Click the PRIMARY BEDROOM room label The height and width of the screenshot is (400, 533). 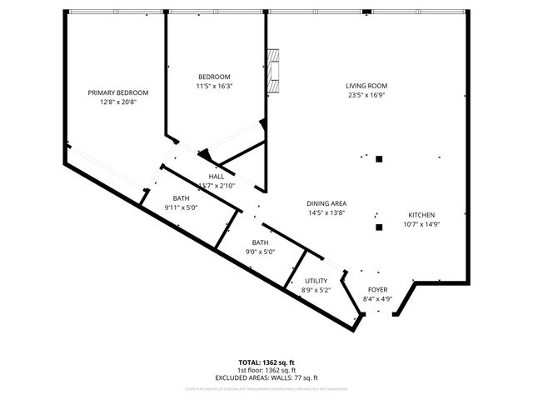click(x=118, y=92)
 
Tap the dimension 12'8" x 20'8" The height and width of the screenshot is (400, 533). click(x=118, y=102)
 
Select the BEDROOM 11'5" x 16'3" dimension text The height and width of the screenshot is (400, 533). click(x=214, y=86)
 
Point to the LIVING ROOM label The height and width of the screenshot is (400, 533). click(x=366, y=86)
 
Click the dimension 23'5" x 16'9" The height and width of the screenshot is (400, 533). click(x=366, y=95)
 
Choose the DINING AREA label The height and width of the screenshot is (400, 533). click(x=326, y=203)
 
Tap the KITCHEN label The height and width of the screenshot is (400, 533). click(x=421, y=214)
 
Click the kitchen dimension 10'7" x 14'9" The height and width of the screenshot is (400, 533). click(x=421, y=223)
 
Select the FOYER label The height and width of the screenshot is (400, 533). click(x=378, y=291)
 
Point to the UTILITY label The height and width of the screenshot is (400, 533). click(x=316, y=281)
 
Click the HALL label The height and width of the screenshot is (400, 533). click(x=217, y=177)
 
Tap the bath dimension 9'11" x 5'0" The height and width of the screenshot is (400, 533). click(x=181, y=207)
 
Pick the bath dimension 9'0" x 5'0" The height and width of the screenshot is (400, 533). click(x=260, y=252)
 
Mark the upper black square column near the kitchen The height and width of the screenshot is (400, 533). click(x=379, y=158)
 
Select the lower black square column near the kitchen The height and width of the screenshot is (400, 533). click(x=379, y=227)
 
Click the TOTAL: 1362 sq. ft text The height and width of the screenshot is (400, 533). click(x=266, y=362)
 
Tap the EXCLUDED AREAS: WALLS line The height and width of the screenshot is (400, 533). click(x=266, y=377)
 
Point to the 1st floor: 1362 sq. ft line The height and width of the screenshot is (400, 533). click(x=266, y=370)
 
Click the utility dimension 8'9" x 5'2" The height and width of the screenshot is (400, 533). click(x=316, y=290)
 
